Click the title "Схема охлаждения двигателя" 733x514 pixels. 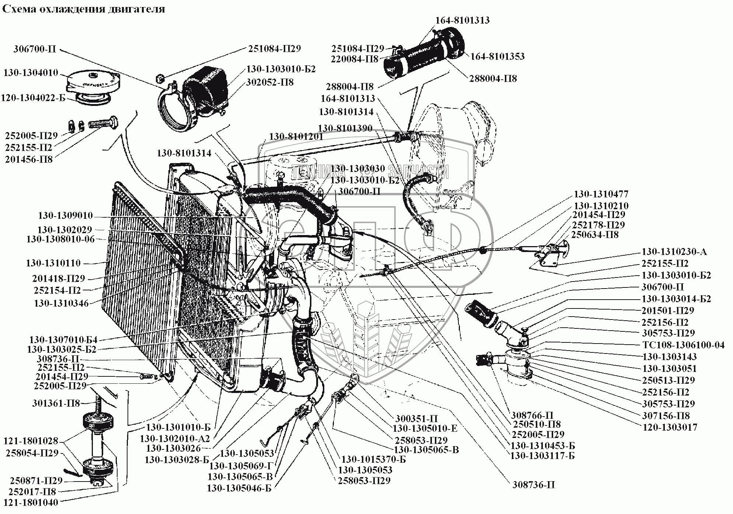[83, 9]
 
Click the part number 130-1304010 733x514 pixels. [31, 73]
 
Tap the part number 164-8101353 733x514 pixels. [497, 56]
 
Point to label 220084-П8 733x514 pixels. [355, 59]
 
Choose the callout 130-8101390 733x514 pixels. [345, 128]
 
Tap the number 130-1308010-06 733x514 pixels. [60, 239]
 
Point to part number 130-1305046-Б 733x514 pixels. [239, 488]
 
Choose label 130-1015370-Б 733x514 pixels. [373, 460]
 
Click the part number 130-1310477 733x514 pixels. [601, 194]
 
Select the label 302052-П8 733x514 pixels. [270, 82]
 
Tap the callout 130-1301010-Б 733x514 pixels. [178, 428]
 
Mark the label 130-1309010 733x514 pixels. [66, 216]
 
